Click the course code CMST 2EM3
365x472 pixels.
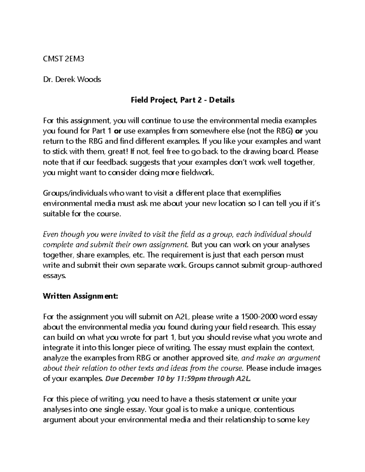click(63, 59)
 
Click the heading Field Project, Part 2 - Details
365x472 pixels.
click(182, 100)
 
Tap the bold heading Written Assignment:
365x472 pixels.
click(80, 296)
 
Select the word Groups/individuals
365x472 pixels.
click(75, 193)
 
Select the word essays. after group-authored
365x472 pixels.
click(54, 276)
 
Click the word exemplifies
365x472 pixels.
click(262, 193)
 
